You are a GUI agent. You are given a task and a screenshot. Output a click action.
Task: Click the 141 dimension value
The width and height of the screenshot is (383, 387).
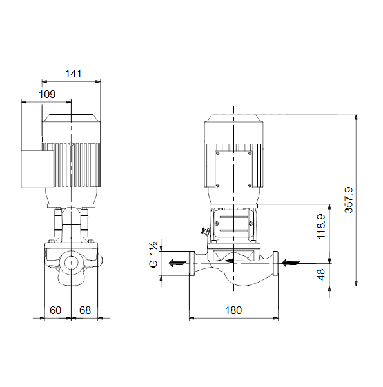73,74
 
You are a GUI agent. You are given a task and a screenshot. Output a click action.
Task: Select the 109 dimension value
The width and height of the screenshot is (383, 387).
47,94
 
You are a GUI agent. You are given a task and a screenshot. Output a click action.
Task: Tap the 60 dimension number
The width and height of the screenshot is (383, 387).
55,310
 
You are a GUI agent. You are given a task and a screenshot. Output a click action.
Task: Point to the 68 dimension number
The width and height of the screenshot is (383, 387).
85,310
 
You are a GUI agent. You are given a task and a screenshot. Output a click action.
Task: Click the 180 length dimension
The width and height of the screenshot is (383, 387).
233,310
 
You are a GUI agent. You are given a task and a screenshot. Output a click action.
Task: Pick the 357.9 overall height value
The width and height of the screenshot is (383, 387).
349,200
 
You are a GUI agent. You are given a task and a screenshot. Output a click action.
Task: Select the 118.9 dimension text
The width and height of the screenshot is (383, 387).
321,226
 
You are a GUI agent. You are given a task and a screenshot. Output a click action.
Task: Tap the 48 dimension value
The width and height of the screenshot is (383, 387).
321,275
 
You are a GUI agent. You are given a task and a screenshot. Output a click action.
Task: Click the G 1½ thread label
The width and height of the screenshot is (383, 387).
153,255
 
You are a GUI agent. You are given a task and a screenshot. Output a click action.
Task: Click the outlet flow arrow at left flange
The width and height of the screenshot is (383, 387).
177,263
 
